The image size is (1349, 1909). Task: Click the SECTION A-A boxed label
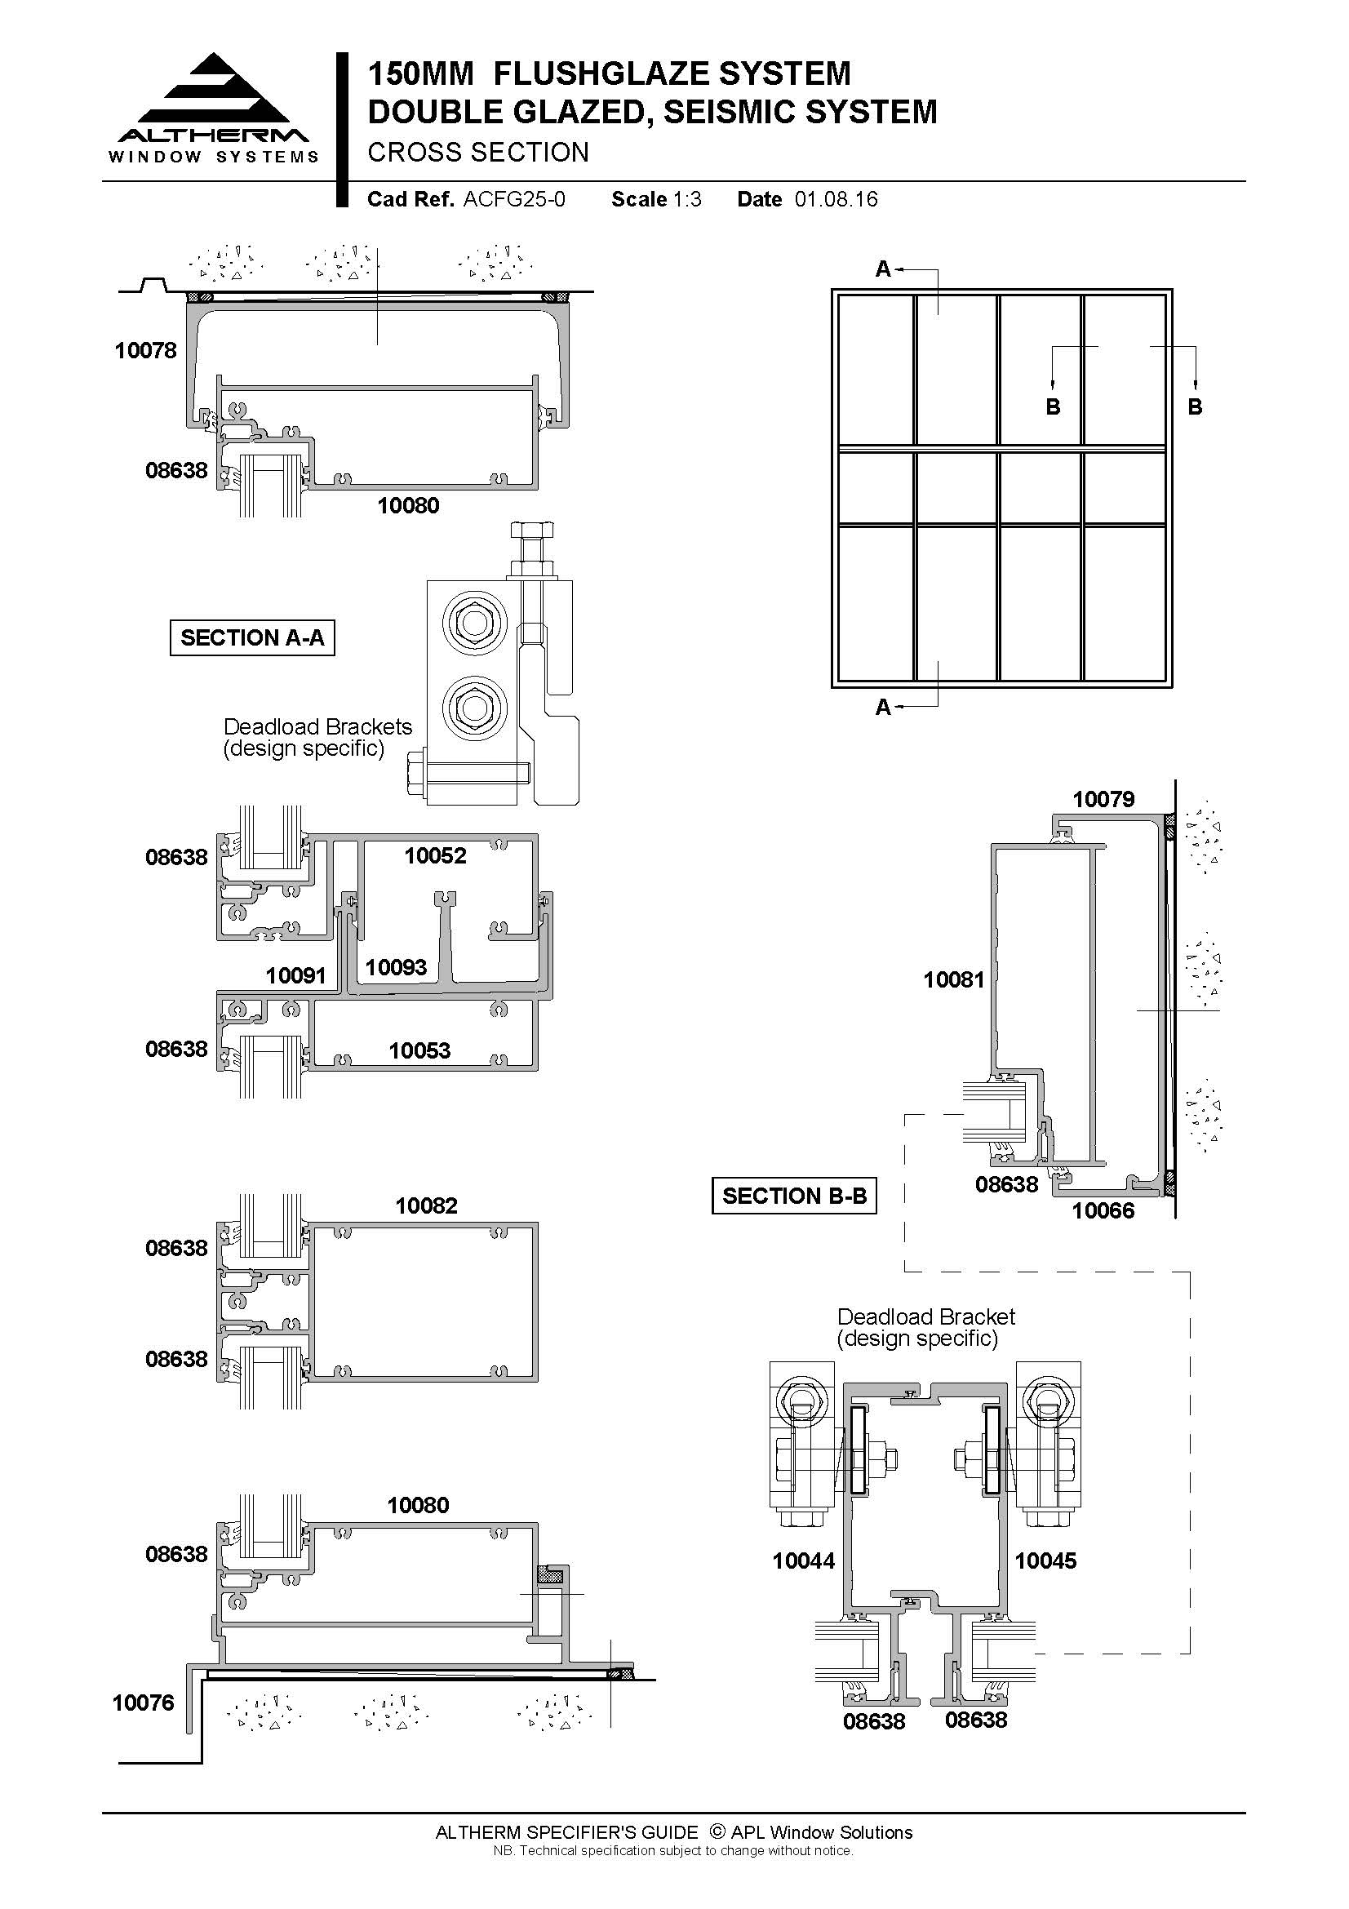pyautogui.click(x=252, y=637)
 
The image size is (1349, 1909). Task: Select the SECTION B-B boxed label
pyautogui.click(x=794, y=1196)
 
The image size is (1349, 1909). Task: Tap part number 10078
pyautogui.click(x=145, y=351)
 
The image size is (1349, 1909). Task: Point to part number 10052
pyautogui.click(x=436, y=855)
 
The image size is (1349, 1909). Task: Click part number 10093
pyautogui.click(x=396, y=967)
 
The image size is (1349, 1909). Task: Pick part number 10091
pyautogui.click(x=296, y=975)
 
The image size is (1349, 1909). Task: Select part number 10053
pyautogui.click(x=419, y=1050)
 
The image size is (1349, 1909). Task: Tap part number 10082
pyautogui.click(x=426, y=1205)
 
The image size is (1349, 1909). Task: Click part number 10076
pyautogui.click(x=143, y=1703)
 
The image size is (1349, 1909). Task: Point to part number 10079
pyautogui.click(x=1103, y=799)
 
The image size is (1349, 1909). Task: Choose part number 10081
pyautogui.click(x=953, y=979)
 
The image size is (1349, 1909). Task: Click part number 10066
pyautogui.click(x=1103, y=1210)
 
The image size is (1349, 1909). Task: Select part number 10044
pyautogui.click(x=804, y=1560)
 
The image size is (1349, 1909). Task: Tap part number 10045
pyautogui.click(x=1045, y=1560)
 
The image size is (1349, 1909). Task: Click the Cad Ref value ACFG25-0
pyautogui.click(x=514, y=199)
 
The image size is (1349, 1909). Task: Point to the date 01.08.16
pyautogui.click(x=836, y=199)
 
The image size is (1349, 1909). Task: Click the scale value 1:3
pyautogui.click(x=687, y=199)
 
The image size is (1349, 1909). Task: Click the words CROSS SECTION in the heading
pyautogui.click(x=478, y=152)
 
